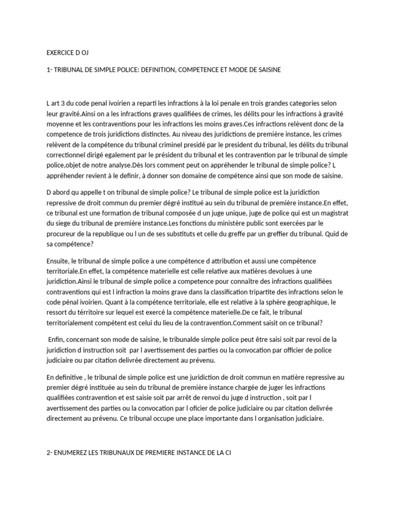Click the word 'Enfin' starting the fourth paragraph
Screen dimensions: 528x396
pos(55,339)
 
